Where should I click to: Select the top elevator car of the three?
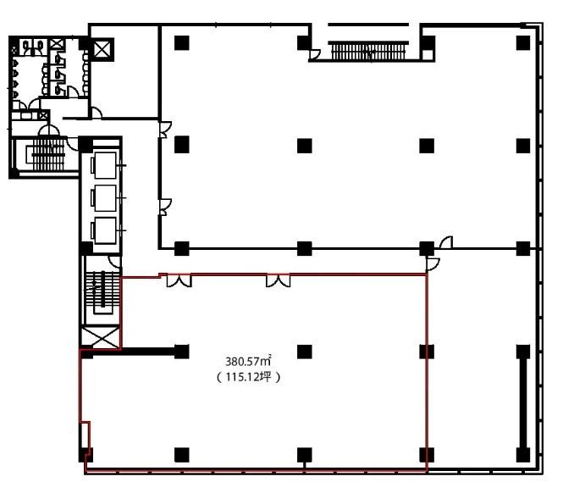coord(105,163)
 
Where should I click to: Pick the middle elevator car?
coord(105,197)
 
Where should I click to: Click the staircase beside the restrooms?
coord(45,156)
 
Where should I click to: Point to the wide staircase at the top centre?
coord(364,52)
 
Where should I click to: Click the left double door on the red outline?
coord(179,280)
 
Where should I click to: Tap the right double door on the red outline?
coord(278,280)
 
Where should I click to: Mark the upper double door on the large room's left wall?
coord(165,129)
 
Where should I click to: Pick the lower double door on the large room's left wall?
coord(165,203)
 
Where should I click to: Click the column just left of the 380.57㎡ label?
coord(181,351)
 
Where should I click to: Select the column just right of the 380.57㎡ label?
coord(305,351)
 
